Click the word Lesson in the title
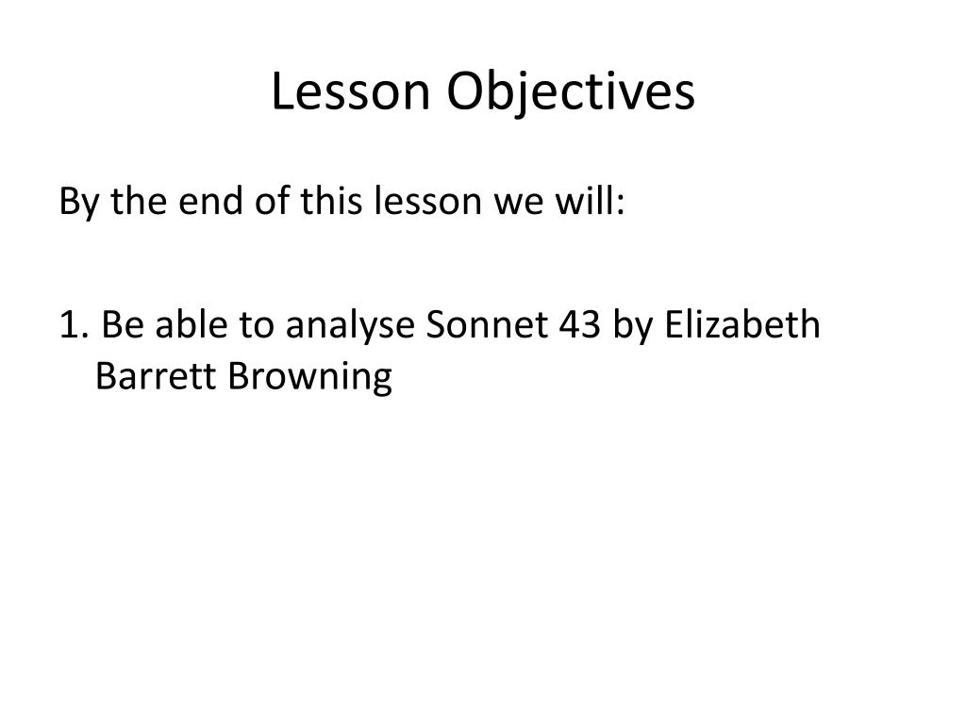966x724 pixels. click(x=351, y=91)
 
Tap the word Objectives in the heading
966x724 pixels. click(x=571, y=92)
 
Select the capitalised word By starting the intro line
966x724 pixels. click(x=78, y=202)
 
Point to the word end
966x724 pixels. click(x=210, y=201)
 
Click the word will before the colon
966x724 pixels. click(x=585, y=201)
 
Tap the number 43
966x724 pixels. click(x=580, y=324)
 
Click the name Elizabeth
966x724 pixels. click(x=742, y=324)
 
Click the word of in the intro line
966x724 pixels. click(x=272, y=201)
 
